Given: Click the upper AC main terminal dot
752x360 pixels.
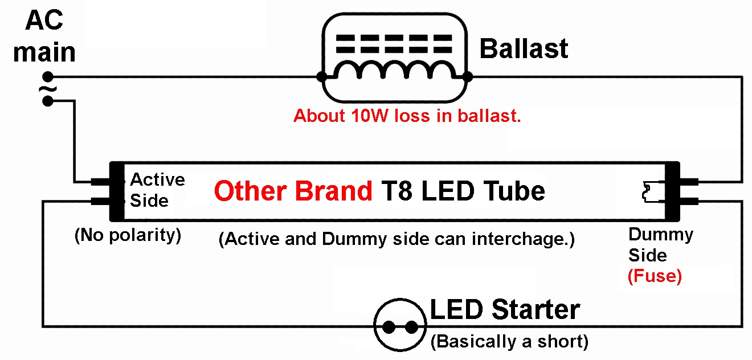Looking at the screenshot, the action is coord(48,77).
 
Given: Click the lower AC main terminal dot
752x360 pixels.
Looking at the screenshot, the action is coord(48,101).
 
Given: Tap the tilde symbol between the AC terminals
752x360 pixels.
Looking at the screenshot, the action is coord(47,89).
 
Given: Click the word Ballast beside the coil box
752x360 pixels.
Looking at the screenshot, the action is coord(524,49).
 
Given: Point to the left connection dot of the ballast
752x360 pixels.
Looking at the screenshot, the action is coord(322,77).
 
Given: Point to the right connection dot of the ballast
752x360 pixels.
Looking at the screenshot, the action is coord(467,77).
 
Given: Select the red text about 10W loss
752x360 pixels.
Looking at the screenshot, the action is coord(407,116).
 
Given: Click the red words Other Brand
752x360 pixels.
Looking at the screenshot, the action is coord(293,191).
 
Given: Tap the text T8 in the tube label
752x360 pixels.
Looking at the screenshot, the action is coord(397,191).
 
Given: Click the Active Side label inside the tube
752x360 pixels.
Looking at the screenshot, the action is coord(157,190).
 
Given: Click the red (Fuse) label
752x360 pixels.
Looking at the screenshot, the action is coord(655,276).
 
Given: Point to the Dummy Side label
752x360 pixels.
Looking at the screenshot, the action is coord(661,245).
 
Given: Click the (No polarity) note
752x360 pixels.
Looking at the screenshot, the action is coord(128,235).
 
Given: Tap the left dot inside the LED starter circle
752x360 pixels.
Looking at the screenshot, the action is coord(389,327).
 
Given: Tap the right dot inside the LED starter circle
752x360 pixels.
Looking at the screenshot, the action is coord(411,327).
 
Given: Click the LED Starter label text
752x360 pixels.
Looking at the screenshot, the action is coord(505,309).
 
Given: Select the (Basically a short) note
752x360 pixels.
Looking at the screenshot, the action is coord(510,342).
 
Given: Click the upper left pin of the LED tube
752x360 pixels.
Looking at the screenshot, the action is coord(101,182).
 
